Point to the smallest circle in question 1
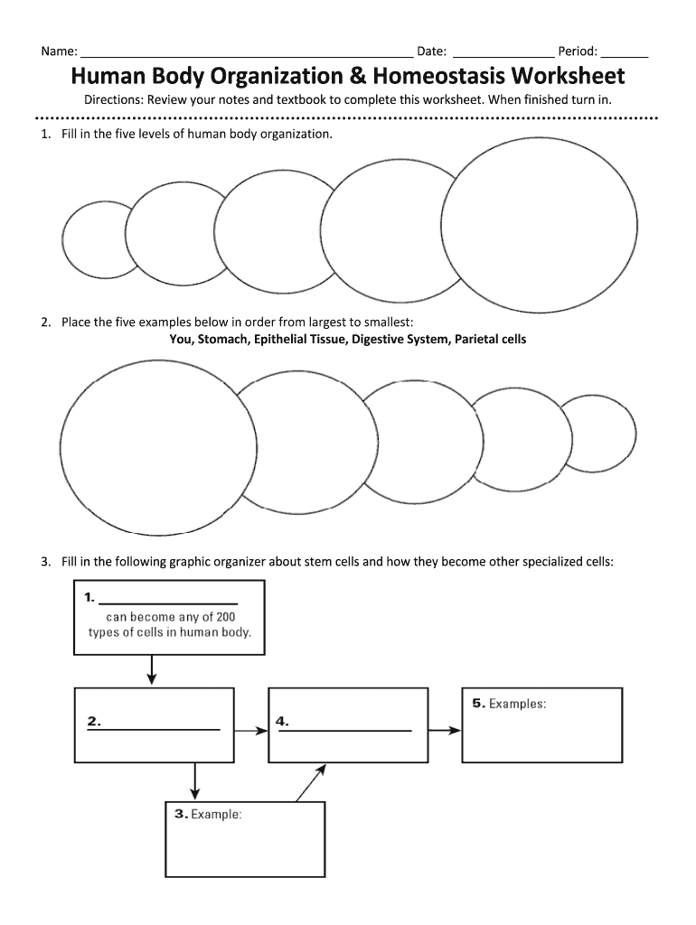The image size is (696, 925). (x=94, y=239)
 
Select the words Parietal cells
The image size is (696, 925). (x=490, y=340)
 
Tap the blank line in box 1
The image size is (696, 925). (x=167, y=602)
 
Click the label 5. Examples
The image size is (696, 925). (x=509, y=703)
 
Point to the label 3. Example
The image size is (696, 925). (x=208, y=814)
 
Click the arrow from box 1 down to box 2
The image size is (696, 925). (x=152, y=668)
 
